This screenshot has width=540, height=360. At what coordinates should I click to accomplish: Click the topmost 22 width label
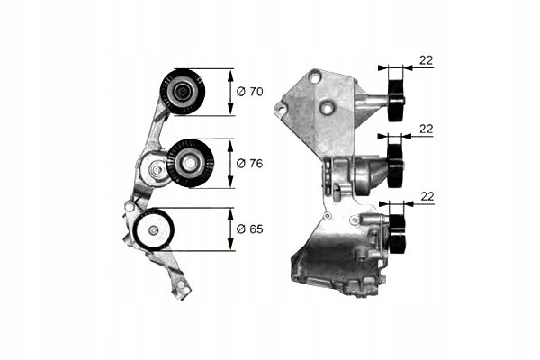click(427, 60)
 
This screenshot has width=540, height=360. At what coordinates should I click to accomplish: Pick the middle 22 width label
click(427, 130)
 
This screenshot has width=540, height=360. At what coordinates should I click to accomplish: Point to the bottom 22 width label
click(427, 196)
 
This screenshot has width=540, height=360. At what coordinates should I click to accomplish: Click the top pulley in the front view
click(183, 91)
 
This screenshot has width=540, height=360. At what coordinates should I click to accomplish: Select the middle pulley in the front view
click(191, 163)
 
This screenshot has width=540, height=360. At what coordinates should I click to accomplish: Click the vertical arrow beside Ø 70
click(230, 91)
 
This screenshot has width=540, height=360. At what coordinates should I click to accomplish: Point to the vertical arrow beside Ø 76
click(230, 163)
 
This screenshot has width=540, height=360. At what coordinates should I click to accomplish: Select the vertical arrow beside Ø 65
click(230, 229)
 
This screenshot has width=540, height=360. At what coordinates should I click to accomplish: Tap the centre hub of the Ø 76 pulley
click(191, 163)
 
